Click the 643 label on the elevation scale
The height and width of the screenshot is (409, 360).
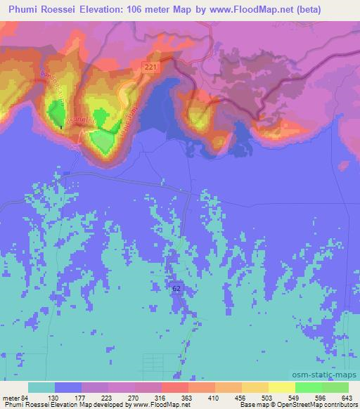pyautogui.click(x=348, y=397)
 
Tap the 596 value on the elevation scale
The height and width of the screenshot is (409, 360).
pyautogui.click(x=322, y=397)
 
